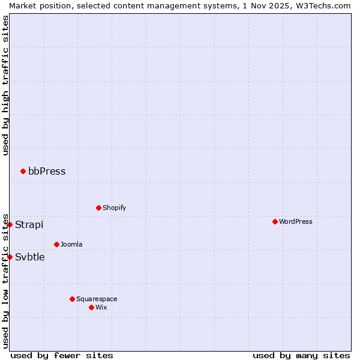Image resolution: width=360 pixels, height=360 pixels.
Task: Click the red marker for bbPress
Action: [23, 172]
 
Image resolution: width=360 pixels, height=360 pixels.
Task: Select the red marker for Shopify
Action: [98, 208]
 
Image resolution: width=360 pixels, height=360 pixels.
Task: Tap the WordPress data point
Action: [275, 221]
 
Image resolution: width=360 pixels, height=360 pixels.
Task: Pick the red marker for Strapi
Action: [10, 224]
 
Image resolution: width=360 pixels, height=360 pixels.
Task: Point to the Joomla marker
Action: [56, 244]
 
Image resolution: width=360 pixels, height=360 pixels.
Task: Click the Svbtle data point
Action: [10, 257]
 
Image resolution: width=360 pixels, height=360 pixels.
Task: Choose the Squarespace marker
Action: [72, 299]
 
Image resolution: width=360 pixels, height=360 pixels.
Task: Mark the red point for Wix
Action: [91, 307]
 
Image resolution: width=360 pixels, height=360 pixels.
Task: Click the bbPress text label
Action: [47, 172]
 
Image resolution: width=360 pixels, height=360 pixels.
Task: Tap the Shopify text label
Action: [114, 208]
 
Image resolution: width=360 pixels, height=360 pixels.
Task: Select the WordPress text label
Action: [295, 221]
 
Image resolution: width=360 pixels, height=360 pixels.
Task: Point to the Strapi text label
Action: [29, 224]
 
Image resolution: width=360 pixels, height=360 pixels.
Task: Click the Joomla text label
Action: [71, 244]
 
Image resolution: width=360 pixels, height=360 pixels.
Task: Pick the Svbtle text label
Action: [30, 257]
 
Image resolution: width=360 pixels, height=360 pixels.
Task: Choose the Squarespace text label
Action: [97, 299]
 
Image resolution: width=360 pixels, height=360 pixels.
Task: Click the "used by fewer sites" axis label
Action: [62, 355]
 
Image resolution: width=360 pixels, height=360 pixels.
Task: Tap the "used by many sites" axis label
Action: [301, 355]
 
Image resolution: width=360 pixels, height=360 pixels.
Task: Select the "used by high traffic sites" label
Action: [5, 86]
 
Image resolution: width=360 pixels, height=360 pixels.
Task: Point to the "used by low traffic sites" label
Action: [5, 280]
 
